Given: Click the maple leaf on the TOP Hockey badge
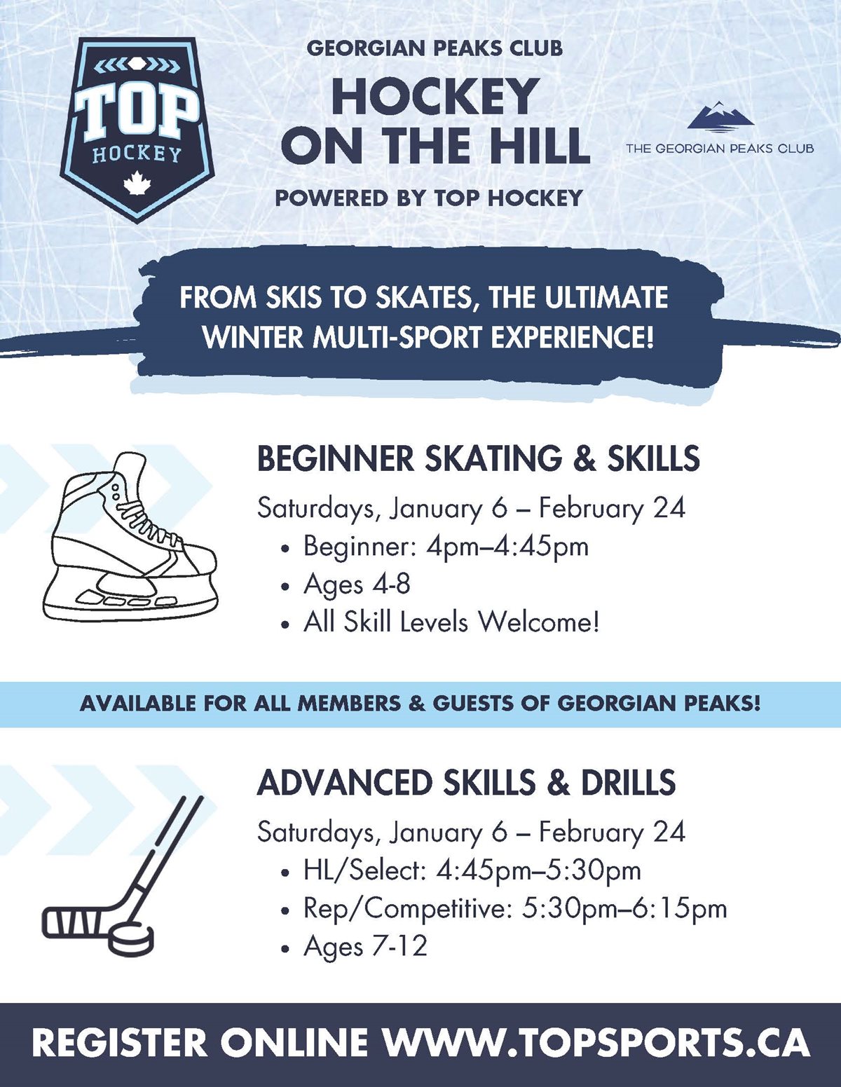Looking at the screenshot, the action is [x=137, y=183].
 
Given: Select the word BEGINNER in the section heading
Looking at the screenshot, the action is [x=336, y=459].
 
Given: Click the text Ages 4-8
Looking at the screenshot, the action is [x=357, y=584].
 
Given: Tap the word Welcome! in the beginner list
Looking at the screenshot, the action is [x=538, y=623].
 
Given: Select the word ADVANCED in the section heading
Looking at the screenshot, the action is [x=345, y=784].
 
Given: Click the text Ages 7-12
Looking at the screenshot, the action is [x=366, y=946].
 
